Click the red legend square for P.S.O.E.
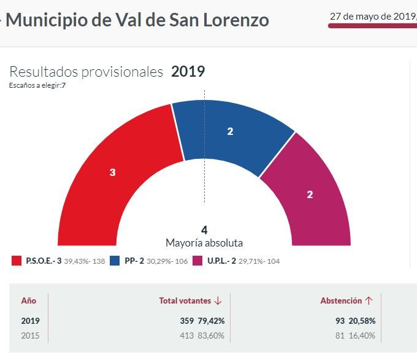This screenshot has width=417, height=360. [x=17, y=261]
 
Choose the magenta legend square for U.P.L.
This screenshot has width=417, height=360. [x=197, y=261]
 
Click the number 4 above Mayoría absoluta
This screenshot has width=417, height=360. [x=204, y=231]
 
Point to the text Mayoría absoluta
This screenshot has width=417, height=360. [x=204, y=243]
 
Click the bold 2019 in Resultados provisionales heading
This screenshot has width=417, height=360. [x=188, y=72]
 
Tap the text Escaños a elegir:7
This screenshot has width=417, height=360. [x=37, y=85]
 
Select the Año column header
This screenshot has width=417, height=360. [x=29, y=301]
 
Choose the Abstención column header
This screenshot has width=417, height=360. [x=340, y=301]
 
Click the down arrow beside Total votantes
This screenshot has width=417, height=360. [x=218, y=301]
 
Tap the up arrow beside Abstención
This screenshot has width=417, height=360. [x=369, y=301]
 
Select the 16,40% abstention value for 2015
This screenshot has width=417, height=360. [x=362, y=335]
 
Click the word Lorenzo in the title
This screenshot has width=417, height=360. [x=237, y=20]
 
